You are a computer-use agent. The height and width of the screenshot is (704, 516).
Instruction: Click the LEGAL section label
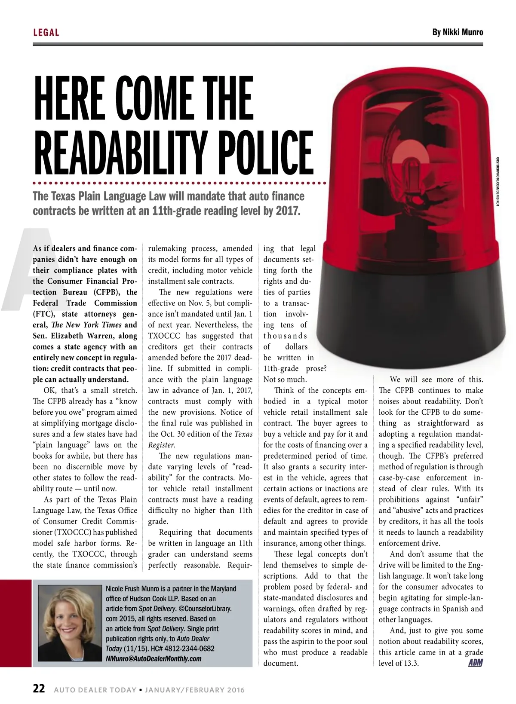[x=46, y=32]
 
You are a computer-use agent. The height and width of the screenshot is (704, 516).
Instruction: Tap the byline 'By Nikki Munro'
[x=458, y=32]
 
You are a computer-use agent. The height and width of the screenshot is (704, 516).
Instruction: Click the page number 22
[x=39, y=689]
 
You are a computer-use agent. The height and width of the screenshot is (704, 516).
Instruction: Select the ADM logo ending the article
[x=475, y=663]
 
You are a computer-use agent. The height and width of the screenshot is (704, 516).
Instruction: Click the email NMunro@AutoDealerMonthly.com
[x=154, y=658]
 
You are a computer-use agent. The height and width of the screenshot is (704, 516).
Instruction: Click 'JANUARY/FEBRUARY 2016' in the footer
[x=195, y=690]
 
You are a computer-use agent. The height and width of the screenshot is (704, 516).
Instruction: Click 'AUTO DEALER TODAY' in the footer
[x=95, y=690]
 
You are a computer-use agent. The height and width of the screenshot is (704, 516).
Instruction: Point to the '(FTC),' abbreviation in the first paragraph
[x=44, y=314]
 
